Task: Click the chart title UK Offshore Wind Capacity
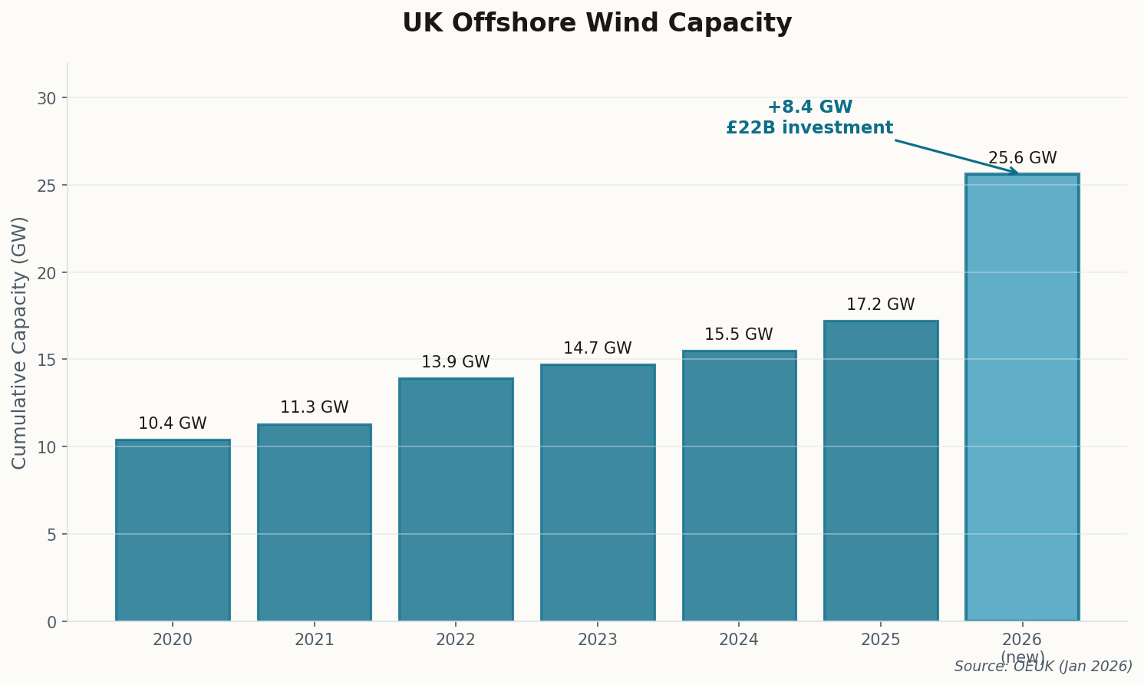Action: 597,23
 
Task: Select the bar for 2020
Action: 173,530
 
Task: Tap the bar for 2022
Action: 456,499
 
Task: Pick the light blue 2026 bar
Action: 1022,397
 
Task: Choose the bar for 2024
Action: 739,486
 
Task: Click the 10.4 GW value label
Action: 173,423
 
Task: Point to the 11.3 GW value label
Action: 314,407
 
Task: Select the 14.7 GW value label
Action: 597,348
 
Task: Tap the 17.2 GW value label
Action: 880,305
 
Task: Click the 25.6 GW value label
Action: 1022,158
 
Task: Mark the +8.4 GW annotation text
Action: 809,107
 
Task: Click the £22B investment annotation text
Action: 809,128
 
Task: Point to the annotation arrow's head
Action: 1017,173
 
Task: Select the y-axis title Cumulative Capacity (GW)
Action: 20,342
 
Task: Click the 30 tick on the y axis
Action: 47,98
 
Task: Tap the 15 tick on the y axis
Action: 47,360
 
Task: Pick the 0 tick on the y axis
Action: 51,621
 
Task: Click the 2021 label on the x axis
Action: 314,640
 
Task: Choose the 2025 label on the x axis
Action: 880,640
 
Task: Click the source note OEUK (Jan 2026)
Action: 1043,667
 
